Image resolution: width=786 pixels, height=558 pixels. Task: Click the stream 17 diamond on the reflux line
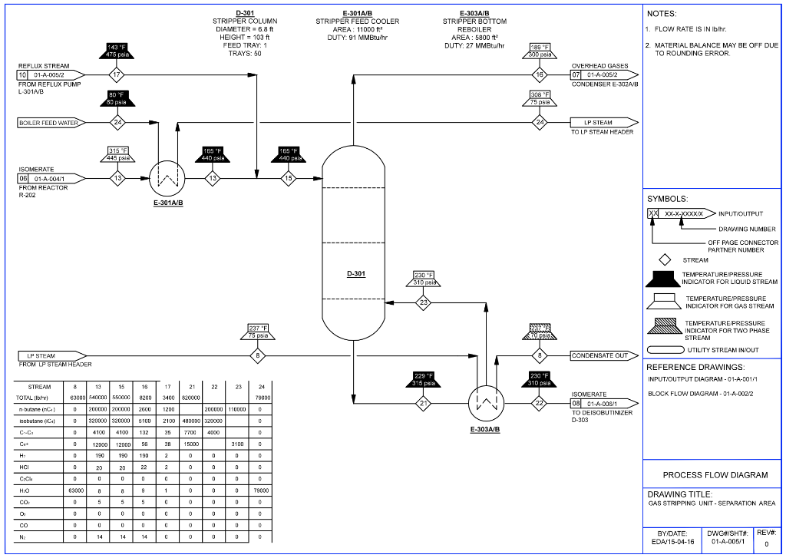[116, 75]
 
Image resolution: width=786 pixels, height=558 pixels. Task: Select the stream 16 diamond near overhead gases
[540, 75]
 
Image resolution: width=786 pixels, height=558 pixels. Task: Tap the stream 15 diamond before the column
[289, 178]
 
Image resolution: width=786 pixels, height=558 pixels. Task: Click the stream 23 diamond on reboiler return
[424, 302]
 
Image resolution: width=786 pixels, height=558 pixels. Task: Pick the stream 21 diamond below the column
[423, 402]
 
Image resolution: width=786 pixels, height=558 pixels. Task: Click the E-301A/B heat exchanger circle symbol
[167, 178]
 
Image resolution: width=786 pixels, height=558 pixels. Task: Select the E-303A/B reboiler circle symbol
[485, 401]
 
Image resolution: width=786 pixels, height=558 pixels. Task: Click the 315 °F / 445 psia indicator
[117, 154]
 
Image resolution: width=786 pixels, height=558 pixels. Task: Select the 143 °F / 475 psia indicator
[116, 51]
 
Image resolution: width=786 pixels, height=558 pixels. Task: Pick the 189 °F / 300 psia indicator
[540, 51]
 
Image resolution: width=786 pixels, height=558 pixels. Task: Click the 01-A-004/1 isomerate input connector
[51, 178]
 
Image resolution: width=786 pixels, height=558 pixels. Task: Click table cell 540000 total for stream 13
[97, 398]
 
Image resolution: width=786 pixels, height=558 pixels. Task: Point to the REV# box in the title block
[766, 537]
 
